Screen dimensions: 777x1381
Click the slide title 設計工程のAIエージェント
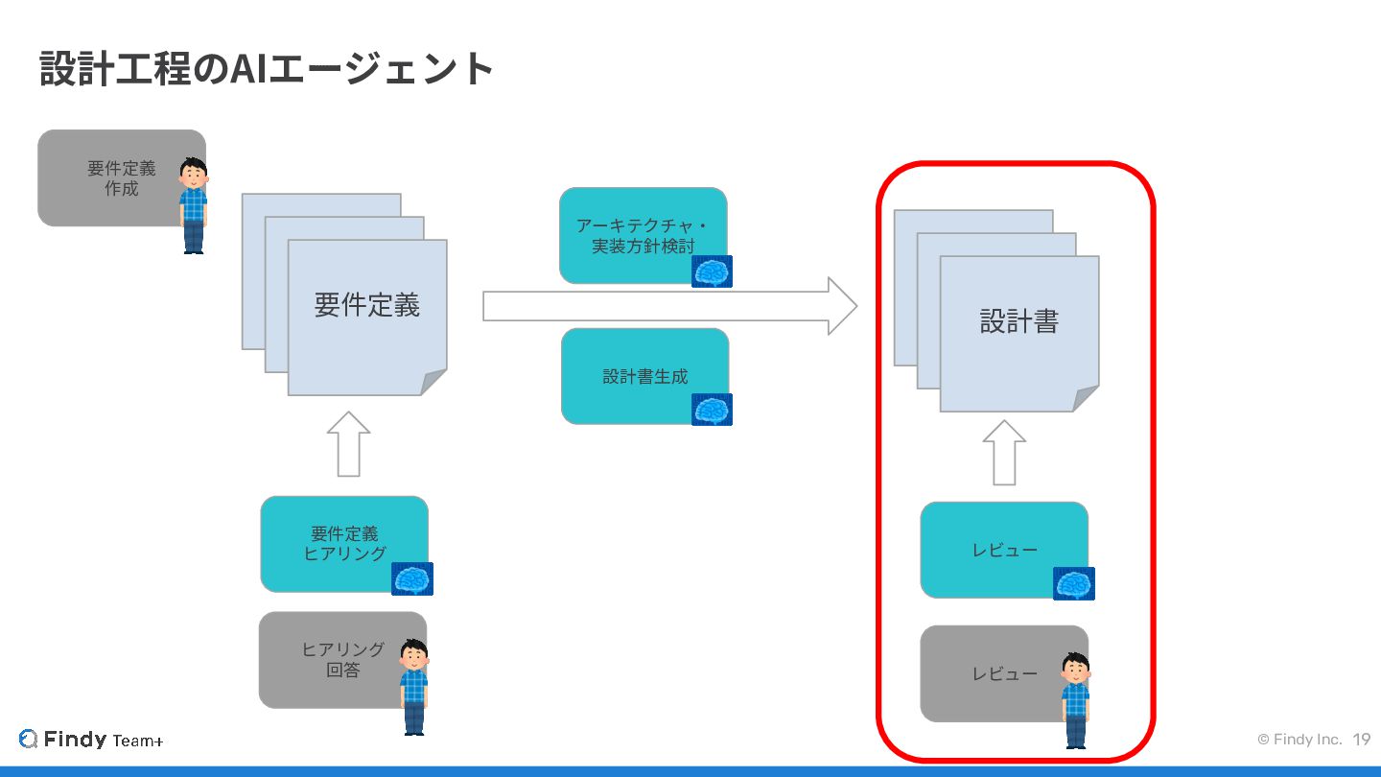point(267,69)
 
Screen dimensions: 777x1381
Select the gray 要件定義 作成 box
point(110,178)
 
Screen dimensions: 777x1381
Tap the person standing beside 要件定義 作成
point(194,205)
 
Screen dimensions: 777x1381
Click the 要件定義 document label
point(367,306)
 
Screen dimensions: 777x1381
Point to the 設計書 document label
point(1018,321)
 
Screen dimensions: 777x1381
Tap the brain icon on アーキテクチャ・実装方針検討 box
point(712,271)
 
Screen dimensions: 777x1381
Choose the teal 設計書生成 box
point(638,375)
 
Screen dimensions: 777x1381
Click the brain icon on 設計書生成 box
point(712,410)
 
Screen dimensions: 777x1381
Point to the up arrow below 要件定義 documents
point(348,444)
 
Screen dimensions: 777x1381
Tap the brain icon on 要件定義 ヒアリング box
point(412,578)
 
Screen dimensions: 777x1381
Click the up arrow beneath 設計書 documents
point(1004,452)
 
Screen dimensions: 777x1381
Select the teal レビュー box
point(997,550)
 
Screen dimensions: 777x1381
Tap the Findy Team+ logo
point(91,740)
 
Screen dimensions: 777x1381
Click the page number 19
point(1362,740)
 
